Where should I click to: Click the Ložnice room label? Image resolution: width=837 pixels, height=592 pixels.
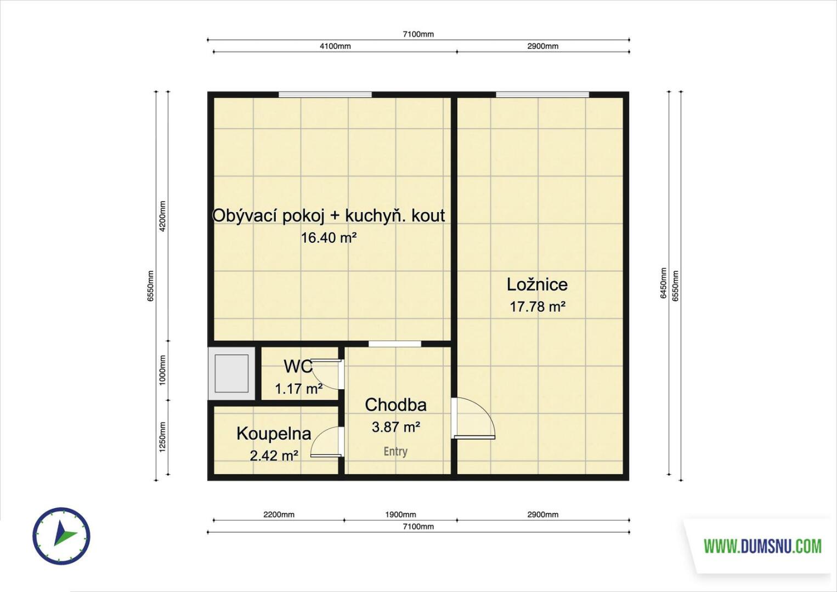coord(537,284)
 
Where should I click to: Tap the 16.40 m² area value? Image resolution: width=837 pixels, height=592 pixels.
coord(329,237)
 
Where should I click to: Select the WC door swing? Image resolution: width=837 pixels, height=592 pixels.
coord(326,374)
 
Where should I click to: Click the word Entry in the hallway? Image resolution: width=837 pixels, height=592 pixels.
coord(395,452)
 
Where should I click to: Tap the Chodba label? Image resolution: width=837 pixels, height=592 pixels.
coord(395,405)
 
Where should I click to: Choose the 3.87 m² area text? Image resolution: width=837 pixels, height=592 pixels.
coord(396,427)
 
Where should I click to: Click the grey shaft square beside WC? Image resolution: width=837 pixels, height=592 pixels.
coord(231,373)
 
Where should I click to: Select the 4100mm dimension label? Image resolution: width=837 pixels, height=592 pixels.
coord(335,46)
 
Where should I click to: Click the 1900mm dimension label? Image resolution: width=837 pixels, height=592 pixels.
coord(400,515)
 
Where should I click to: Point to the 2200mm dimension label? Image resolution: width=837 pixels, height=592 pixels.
coord(279,515)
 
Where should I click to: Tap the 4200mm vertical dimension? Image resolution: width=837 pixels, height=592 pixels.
coord(162,217)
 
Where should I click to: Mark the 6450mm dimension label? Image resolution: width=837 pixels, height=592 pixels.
coord(663,283)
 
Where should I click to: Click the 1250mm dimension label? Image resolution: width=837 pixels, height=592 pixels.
coord(162,437)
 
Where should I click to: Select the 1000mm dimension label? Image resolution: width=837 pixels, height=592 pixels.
coord(162,370)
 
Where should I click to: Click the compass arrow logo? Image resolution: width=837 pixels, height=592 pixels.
coord(61,536)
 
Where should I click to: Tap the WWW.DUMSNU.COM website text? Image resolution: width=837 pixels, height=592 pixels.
coord(762,547)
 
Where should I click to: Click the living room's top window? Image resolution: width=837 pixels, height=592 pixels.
coord(325,94)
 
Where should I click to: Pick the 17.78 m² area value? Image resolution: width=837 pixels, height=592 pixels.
coord(538,307)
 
